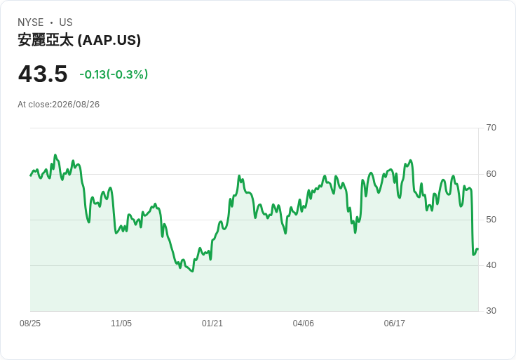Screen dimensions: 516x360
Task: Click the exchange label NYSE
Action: pyautogui.click(x=31, y=22)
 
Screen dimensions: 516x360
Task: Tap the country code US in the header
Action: pyautogui.click(x=66, y=22)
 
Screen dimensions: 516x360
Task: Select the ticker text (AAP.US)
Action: pyautogui.click(x=109, y=40)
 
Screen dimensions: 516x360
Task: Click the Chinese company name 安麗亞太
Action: pyautogui.click(x=46, y=40)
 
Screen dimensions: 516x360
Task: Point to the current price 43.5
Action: pyautogui.click(x=43, y=74)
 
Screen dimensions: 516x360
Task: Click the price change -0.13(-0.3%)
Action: pyautogui.click(x=114, y=74)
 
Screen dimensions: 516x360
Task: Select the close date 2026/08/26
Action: pyautogui.click(x=76, y=105)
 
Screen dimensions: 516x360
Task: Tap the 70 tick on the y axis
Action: pyautogui.click(x=491, y=128)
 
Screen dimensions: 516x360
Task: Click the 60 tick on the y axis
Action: pyautogui.click(x=491, y=174)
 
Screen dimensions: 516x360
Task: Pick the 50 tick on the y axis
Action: pyautogui.click(x=491, y=220)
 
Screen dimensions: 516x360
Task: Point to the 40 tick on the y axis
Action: pyautogui.click(x=491, y=265)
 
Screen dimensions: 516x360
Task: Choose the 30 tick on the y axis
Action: pyautogui.click(x=491, y=311)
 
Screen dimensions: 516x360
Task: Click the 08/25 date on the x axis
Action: pyautogui.click(x=30, y=324)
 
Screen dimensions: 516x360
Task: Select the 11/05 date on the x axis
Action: pyautogui.click(x=121, y=324)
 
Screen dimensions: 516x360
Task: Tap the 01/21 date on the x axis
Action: pyautogui.click(x=212, y=324)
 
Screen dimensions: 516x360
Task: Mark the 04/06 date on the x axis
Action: pyautogui.click(x=304, y=324)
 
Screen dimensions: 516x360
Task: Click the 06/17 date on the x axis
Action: pyautogui.click(x=394, y=324)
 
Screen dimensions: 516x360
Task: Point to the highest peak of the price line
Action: pyautogui.click(x=55, y=154)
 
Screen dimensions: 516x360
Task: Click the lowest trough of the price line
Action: pyautogui.click(x=193, y=272)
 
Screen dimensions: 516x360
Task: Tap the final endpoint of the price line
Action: pyautogui.click(x=478, y=249)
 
